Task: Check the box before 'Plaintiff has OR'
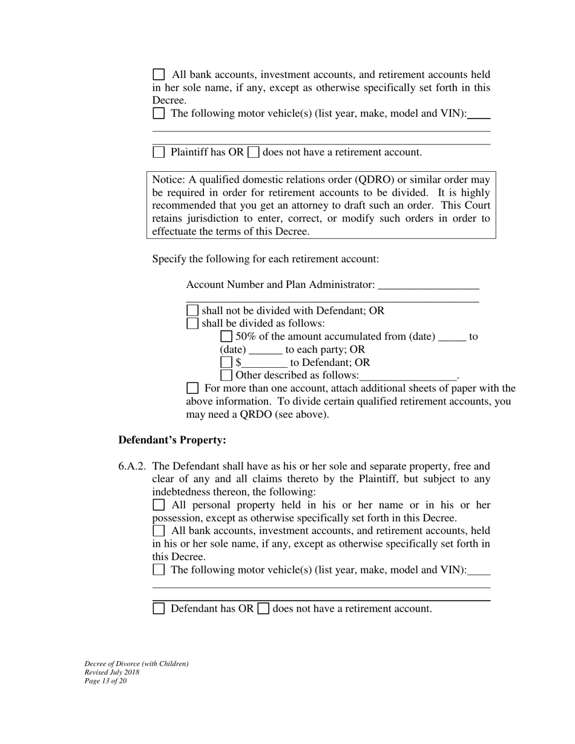tap(159, 152)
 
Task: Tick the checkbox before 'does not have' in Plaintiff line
tap(254, 152)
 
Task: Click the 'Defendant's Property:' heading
tap(172, 440)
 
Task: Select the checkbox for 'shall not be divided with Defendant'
tap(192, 310)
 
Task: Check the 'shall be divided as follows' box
tap(192, 323)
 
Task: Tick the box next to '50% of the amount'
tap(226, 336)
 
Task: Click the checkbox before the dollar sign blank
tap(226, 362)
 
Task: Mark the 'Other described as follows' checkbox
tap(226, 375)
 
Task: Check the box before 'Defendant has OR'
tap(159, 609)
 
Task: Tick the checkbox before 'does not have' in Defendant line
tap(263, 609)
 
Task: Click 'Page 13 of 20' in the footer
tap(106, 681)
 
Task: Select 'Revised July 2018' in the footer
tap(112, 673)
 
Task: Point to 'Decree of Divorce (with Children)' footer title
tap(136, 664)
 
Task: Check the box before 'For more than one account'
tap(192, 388)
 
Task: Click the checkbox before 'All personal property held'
tap(159, 504)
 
